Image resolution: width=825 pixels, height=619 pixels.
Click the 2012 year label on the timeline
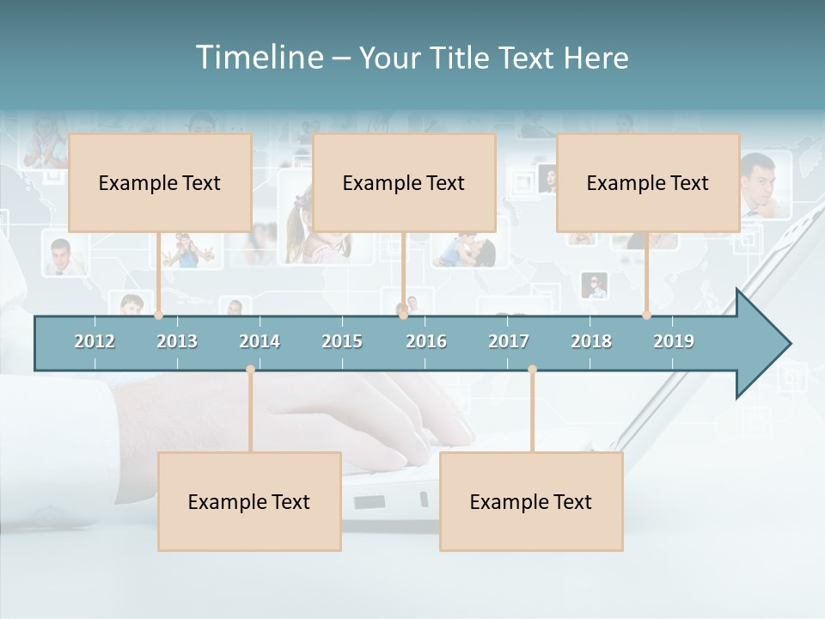[x=95, y=341]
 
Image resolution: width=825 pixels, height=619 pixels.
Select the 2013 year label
[x=177, y=341]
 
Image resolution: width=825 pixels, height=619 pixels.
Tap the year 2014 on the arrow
[x=260, y=341]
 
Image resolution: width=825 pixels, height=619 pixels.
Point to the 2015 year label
[x=342, y=341]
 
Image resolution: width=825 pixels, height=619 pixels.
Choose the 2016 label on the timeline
[x=426, y=341]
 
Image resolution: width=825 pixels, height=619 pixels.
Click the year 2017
[x=509, y=341]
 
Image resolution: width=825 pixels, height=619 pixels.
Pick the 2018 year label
[x=591, y=341]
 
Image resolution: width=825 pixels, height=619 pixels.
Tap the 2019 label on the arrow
[x=674, y=341]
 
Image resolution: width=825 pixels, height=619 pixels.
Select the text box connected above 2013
[x=160, y=182]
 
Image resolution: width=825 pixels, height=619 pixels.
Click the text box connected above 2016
[x=404, y=182]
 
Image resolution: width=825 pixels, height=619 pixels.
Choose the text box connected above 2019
[x=648, y=182]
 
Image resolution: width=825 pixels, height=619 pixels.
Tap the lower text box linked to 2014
[x=249, y=501]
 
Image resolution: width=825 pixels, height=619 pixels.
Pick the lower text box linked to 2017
[x=531, y=501]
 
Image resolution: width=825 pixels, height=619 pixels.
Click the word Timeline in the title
[x=258, y=58]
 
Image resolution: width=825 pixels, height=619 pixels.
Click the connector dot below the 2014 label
[x=250, y=370]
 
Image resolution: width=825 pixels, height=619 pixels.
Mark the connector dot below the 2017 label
[x=532, y=370]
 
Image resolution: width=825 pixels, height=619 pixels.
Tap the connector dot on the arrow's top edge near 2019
[x=646, y=315]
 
